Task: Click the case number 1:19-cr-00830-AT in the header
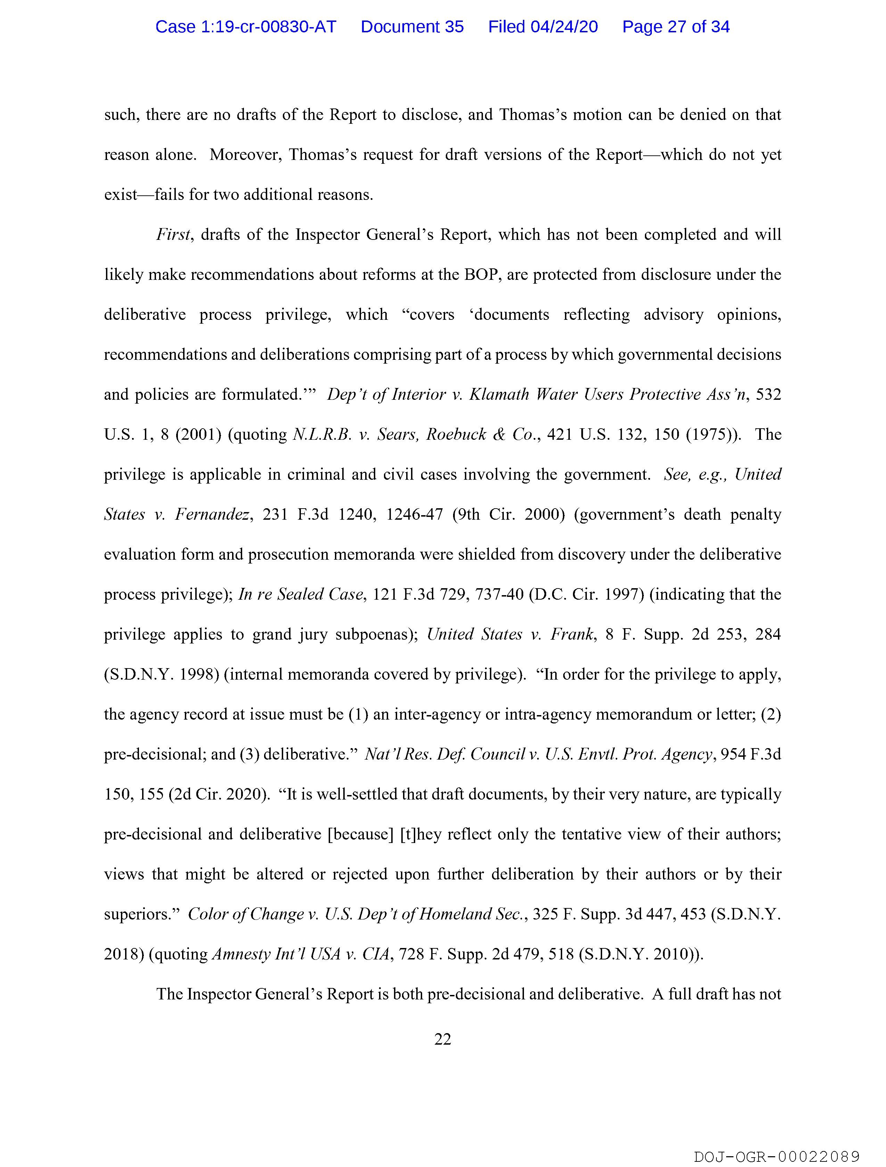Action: pos(246,27)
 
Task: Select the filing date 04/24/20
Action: pos(564,27)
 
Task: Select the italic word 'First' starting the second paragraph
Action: pos(172,235)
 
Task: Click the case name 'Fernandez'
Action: pos(212,514)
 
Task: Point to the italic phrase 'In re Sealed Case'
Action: pos(301,594)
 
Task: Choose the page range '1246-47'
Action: pos(414,514)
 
